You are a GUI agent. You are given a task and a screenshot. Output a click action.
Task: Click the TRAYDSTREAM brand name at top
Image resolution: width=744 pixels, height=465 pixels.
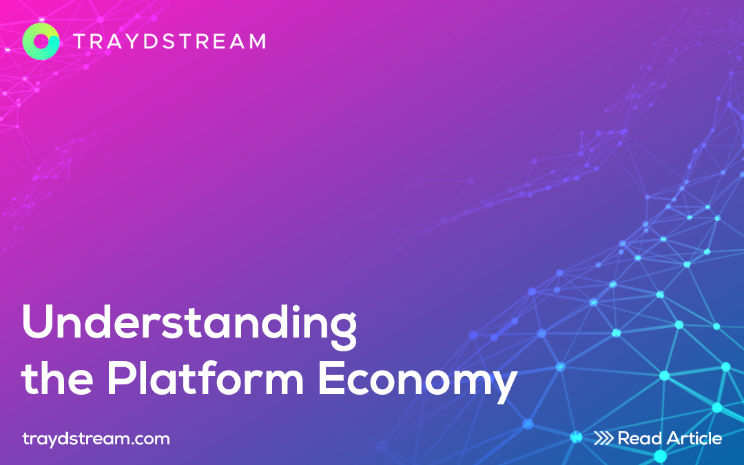[x=170, y=42]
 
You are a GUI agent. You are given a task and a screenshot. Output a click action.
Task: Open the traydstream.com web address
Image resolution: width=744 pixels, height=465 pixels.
[x=96, y=438]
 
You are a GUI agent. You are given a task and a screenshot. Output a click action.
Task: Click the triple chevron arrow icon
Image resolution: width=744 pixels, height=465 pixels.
[x=603, y=438]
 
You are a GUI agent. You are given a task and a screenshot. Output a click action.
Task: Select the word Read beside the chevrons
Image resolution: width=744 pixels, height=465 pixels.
[x=640, y=438]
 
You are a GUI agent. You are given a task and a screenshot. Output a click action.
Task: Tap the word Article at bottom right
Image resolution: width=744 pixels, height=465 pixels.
[x=695, y=438]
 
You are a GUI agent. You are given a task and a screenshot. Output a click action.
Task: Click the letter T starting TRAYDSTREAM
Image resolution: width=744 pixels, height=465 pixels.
[x=81, y=42]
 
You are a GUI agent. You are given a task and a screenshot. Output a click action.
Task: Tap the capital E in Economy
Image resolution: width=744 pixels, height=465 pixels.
[x=330, y=378]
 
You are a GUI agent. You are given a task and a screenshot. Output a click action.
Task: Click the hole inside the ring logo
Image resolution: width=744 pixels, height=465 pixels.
[x=41, y=41]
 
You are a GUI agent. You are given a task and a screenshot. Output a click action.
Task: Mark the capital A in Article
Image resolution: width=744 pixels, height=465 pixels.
[x=676, y=438]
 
